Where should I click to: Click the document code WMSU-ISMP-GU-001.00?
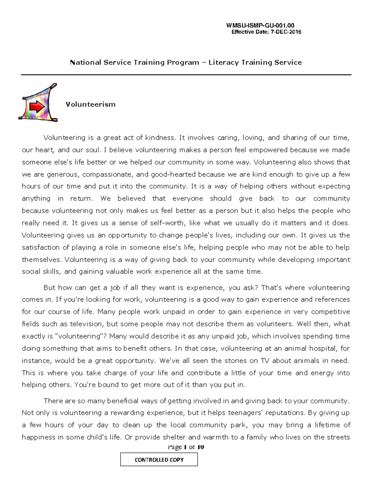[260, 26]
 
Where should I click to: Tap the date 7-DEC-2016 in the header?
[286, 32]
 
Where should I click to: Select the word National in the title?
[86, 63]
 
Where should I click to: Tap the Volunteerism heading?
[91, 104]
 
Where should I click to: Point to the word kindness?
[160, 138]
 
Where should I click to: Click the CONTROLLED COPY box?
[159, 460]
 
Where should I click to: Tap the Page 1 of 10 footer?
[186, 447]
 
